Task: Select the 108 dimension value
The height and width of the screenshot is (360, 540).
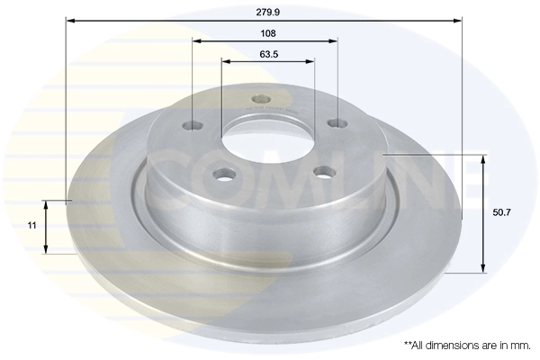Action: [x=266, y=32]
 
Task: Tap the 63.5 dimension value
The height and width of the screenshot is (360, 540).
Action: [x=267, y=54]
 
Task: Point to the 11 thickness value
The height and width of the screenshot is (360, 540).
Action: [x=31, y=227]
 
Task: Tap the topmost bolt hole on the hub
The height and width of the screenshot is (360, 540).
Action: [x=261, y=99]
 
